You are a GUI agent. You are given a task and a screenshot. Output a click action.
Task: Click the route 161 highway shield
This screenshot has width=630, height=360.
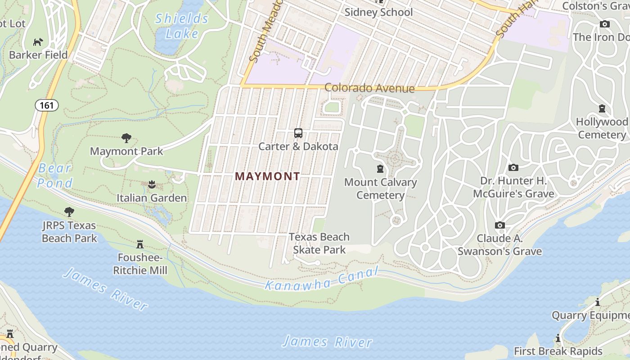coord(47,106)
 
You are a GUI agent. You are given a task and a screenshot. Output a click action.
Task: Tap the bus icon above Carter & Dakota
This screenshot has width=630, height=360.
coord(298,133)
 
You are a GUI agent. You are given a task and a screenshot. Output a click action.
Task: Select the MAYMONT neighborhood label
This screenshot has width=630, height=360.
coord(267,176)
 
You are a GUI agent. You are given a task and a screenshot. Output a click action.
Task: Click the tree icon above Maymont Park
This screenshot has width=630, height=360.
coord(126,138)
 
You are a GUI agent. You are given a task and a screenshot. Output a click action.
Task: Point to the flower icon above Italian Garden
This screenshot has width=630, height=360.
coord(152,184)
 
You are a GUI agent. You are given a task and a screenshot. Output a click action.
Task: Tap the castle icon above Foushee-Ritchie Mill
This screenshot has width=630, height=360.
coord(140,244)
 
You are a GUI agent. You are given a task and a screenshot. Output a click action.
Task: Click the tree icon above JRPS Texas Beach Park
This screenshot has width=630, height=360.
coord(69,211)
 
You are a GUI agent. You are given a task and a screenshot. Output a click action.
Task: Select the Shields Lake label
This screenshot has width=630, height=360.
coord(182,26)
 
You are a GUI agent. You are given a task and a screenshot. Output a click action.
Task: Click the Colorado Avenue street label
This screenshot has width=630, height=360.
coord(369,88)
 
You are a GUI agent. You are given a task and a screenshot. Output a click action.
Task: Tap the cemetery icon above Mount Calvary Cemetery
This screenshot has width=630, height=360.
coord(380,169)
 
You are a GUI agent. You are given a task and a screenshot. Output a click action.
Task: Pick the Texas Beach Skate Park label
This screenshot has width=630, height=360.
coord(319,243)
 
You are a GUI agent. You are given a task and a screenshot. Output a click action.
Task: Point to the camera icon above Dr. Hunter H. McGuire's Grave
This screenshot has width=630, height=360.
coord(513,168)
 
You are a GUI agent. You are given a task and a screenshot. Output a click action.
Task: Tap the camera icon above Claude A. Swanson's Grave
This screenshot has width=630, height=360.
coord(499,225)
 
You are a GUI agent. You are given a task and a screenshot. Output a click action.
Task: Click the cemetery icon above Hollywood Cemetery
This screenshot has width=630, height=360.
coord(602,108)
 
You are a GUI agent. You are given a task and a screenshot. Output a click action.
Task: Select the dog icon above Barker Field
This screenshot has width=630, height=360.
coord(38,42)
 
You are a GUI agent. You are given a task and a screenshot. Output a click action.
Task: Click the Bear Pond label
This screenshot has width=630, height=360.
coord(55,175)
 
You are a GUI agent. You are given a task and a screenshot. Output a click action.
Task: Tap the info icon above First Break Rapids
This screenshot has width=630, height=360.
coord(558,337)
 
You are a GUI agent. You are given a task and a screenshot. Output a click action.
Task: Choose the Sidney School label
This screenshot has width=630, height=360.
coord(378,12)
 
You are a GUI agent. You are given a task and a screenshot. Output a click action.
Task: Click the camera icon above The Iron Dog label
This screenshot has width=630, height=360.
coord(604,24)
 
